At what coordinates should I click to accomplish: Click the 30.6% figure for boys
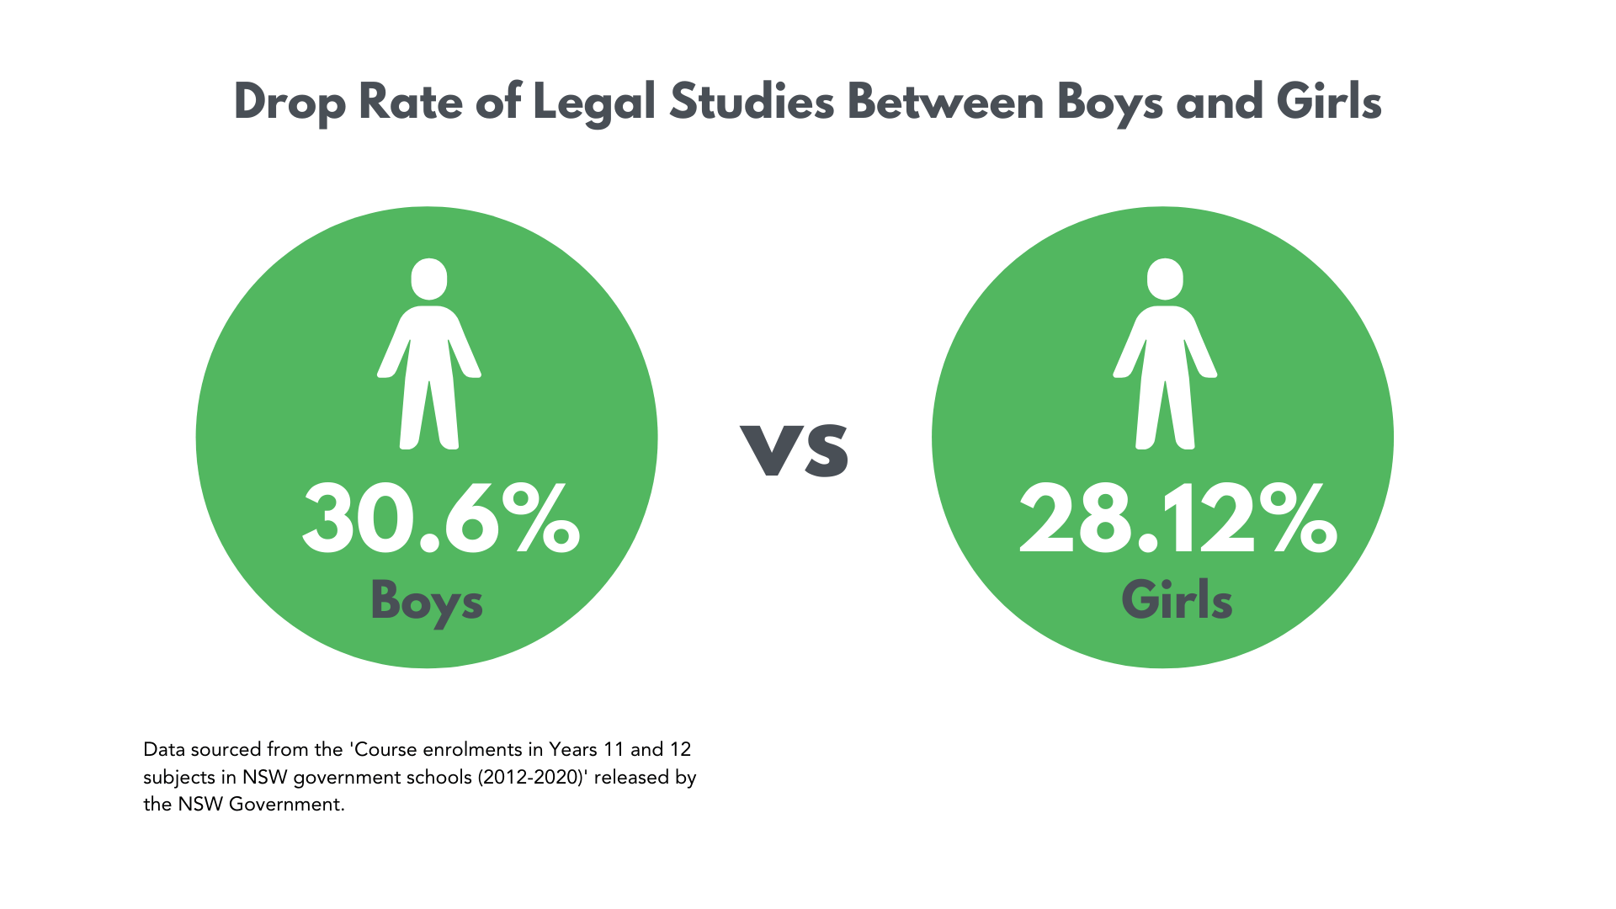[x=441, y=520]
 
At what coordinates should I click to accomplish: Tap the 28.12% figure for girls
[x=1177, y=520]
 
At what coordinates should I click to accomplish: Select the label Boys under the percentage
[x=427, y=601]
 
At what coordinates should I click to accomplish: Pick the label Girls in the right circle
[x=1177, y=601]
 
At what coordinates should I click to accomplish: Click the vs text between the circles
[x=795, y=449]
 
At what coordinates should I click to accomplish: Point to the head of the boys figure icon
[x=429, y=279]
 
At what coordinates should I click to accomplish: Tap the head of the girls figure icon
[x=1165, y=279]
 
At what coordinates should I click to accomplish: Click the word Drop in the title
[x=290, y=104]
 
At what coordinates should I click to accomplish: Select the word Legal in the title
[x=594, y=104]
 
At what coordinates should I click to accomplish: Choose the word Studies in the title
[x=752, y=102]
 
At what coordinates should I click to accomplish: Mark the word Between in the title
[x=945, y=102]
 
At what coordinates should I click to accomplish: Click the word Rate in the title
[x=411, y=102]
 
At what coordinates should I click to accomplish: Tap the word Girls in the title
[x=1329, y=102]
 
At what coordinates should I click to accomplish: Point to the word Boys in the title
[x=1110, y=104]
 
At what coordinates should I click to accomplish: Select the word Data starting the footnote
[x=164, y=749]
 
